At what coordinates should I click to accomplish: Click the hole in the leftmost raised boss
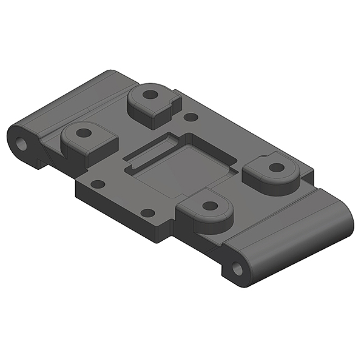click(84, 132)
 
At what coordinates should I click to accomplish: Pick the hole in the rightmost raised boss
click(276, 167)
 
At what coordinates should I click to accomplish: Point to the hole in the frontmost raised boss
click(210, 206)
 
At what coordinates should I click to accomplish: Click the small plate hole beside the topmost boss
click(190, 117)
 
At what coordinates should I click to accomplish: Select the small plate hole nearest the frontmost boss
click(147, 213)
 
